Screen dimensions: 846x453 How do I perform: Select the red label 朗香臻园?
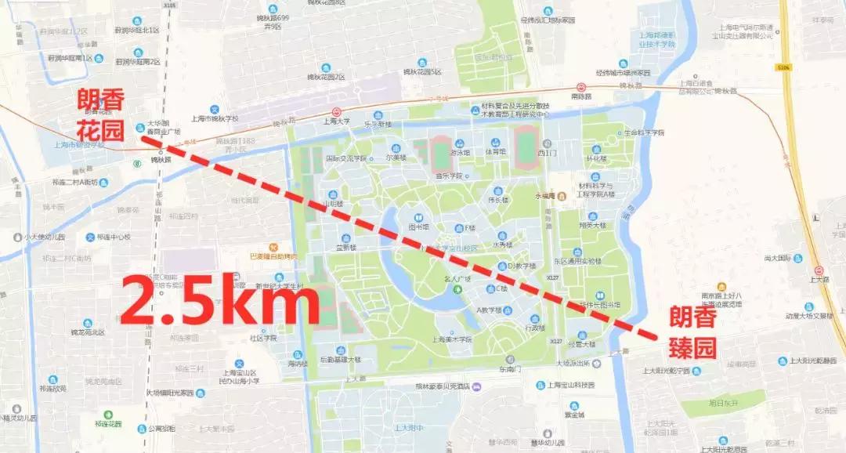pyautogui.click(x=692, y=333)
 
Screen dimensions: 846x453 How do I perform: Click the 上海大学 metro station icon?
pyautogui.click(x=336, y=112)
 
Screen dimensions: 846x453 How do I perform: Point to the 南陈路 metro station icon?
pyautogui.click(x=581, y=87)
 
